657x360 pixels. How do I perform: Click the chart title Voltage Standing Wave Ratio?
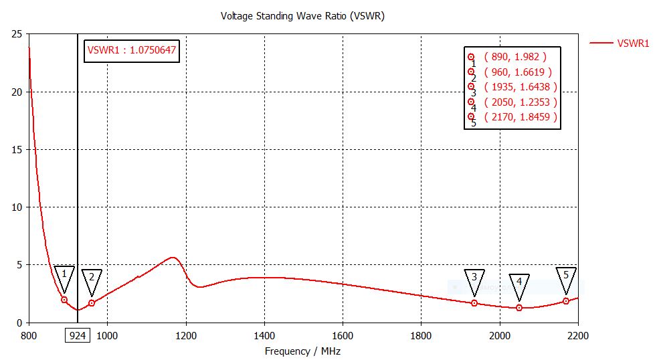coord(302,15)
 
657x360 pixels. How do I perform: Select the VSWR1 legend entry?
coord(632,43)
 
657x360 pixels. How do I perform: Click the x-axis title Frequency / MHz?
coord(302,351)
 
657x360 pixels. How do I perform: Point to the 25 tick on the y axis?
coord(17,34)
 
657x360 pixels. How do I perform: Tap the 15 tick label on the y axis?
coord(17,150)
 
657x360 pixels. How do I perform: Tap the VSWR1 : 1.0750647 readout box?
coord(132,50)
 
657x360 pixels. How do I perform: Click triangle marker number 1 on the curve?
coord(64,276)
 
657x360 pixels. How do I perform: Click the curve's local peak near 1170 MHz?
coord(173,258)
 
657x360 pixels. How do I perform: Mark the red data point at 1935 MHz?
coord(474,303)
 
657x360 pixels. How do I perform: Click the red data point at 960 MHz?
coord(92,303)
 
